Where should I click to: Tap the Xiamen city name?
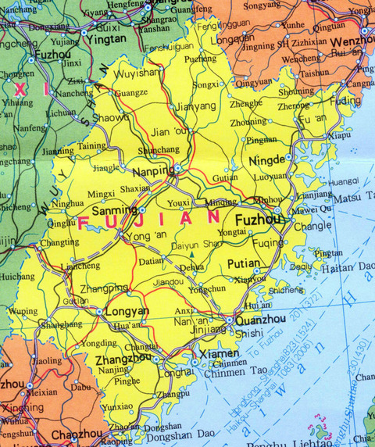[x=220, y=354]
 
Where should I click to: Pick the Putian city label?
[x=245, y=264]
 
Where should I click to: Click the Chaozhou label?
[x=76, y=434]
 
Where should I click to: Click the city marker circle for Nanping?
[x=178, y=167]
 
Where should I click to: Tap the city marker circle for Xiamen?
[x=194, y=362]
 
